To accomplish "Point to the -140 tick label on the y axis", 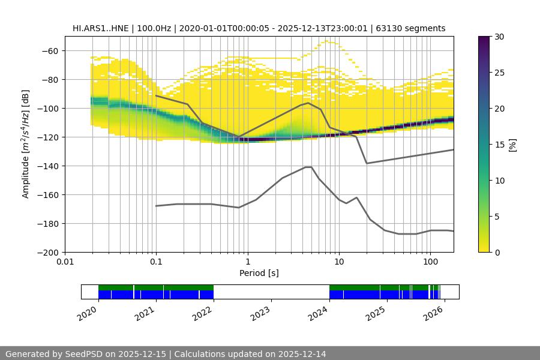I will [x=48, y=166].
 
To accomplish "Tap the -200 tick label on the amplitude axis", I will [x=48, y=252].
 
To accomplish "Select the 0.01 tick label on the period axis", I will [x=65, y=262].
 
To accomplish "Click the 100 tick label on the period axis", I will [x=430, y=262].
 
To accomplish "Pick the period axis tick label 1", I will [x=247, y=262].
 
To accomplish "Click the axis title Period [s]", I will [x=259, y=273].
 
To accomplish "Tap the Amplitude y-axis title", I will [x=26, y=144].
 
